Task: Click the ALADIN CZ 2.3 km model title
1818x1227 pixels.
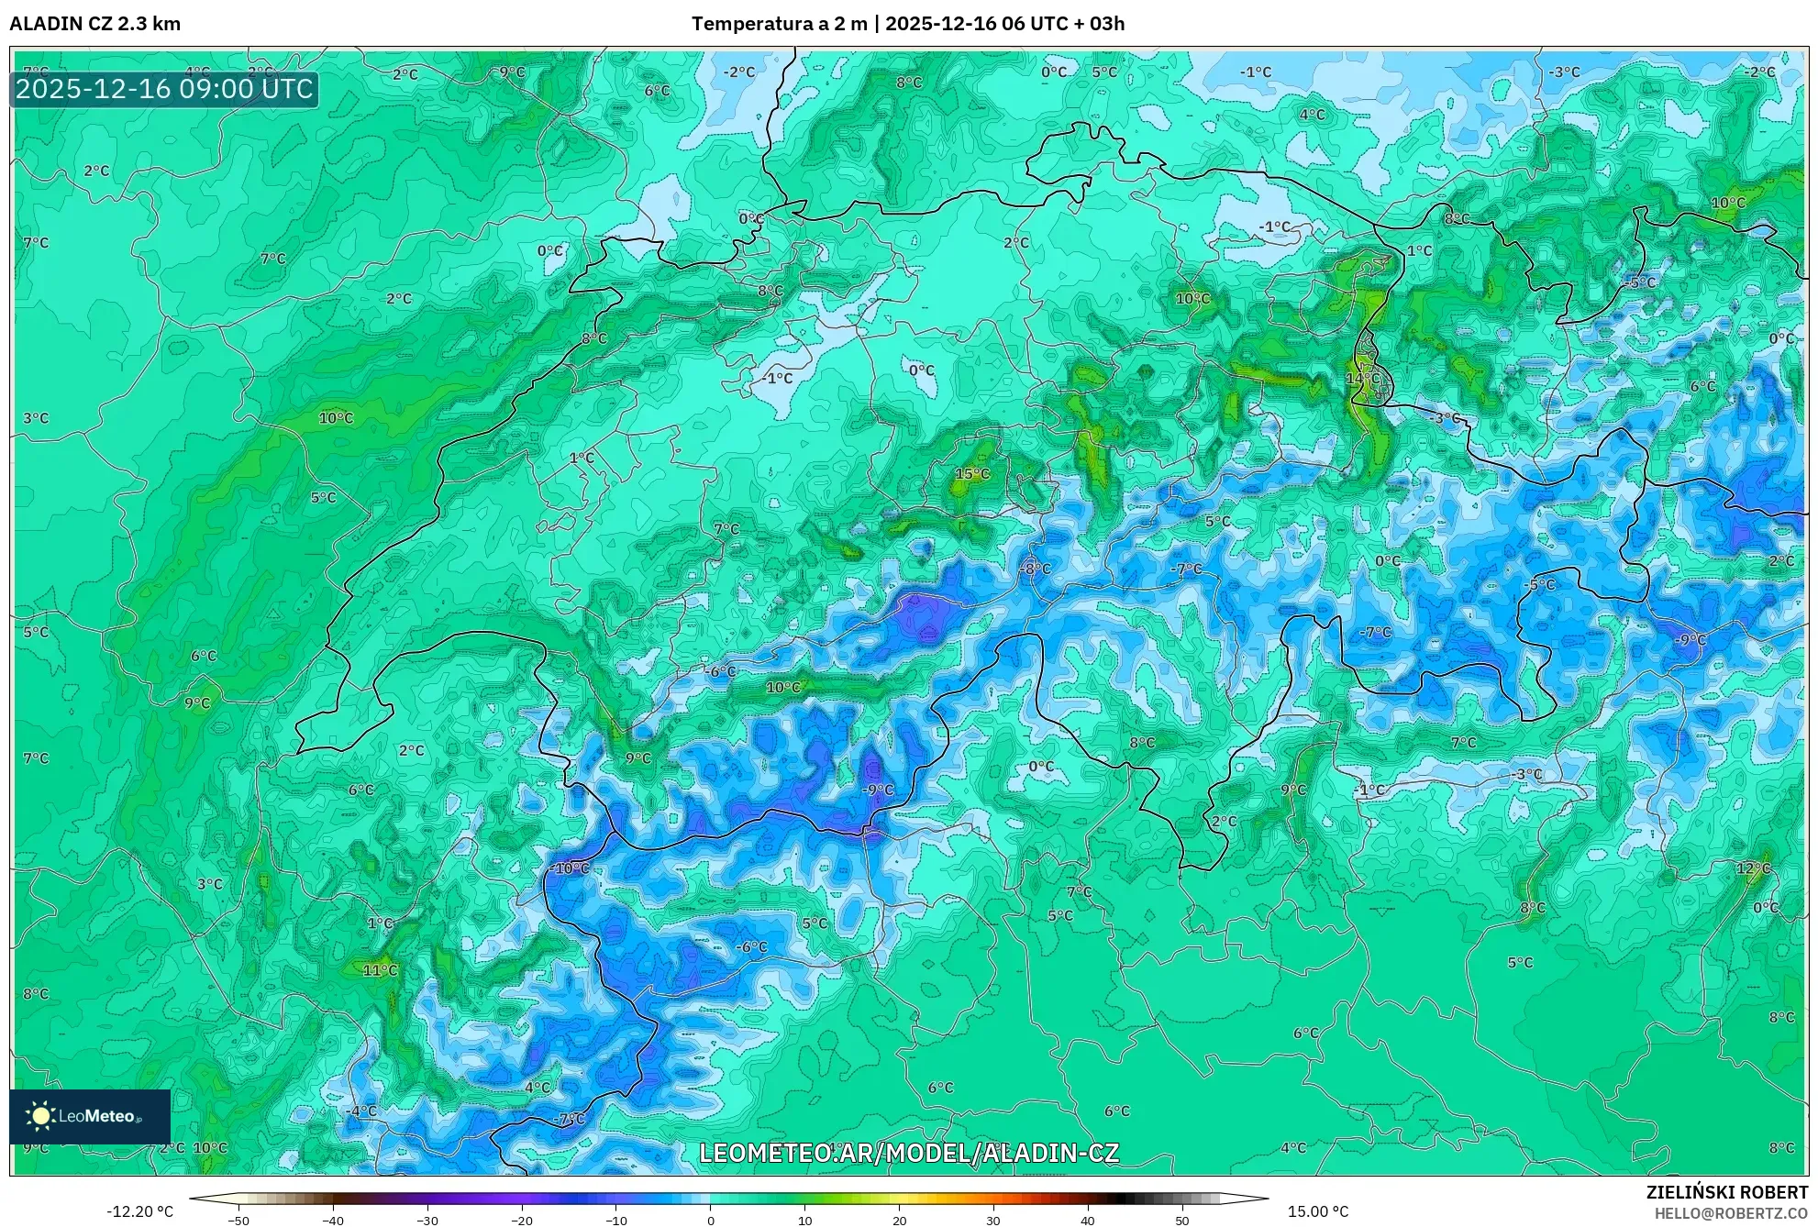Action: (94, 24)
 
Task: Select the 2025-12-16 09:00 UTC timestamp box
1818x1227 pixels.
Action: (164, 90)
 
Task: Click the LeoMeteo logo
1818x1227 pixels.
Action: (90, 1116)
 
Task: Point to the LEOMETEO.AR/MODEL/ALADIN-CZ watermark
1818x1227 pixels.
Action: (908, 1153)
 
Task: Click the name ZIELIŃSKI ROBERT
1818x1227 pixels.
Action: (1726, 1192)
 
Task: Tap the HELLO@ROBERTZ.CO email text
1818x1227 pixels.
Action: (1731, 1213)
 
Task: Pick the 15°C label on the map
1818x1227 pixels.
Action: (972, 474)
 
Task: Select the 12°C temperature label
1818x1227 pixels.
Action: (1753, 868)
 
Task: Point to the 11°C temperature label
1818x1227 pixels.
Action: (380, 970)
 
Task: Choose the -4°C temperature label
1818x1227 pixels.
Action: (360, 1111)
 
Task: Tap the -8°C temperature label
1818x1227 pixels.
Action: (1035, 569)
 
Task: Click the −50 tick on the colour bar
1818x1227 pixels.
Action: (238, 1221)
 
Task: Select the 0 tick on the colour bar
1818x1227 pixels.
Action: (710, 1221)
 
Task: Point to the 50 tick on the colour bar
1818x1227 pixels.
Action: (1181, 1221)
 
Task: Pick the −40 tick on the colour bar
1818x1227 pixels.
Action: (332, 1221)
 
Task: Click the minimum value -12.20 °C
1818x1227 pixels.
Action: (139, 1211)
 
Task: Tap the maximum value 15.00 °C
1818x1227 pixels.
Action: (1317, 1211)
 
